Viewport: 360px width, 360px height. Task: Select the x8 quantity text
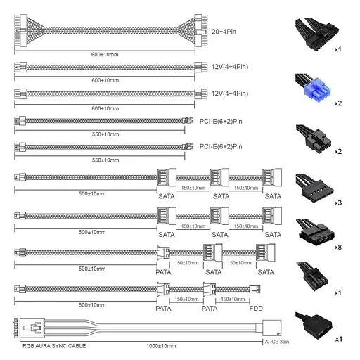[x=338, y=247]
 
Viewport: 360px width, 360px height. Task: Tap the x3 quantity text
[x=338, y=201]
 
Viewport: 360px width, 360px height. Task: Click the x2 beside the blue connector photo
[x=338, y=102]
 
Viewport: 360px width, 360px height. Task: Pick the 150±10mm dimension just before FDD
[x=233, y=299]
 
